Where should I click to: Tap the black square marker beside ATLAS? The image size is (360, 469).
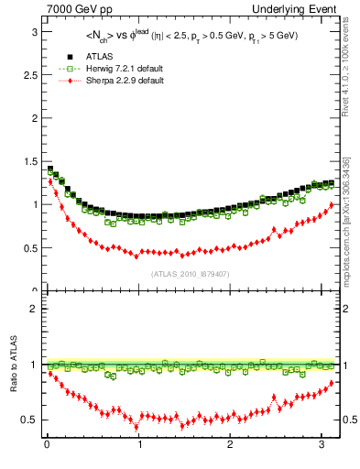pos(70,58)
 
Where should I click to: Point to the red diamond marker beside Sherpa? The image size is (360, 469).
pos(70,81)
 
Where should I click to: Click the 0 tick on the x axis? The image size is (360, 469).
pos(46,445)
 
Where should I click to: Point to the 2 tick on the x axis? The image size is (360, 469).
pos(230,445)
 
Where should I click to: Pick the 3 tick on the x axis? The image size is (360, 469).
pos(322,445)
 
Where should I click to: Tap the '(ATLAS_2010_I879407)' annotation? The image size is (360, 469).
pos(190,273)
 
